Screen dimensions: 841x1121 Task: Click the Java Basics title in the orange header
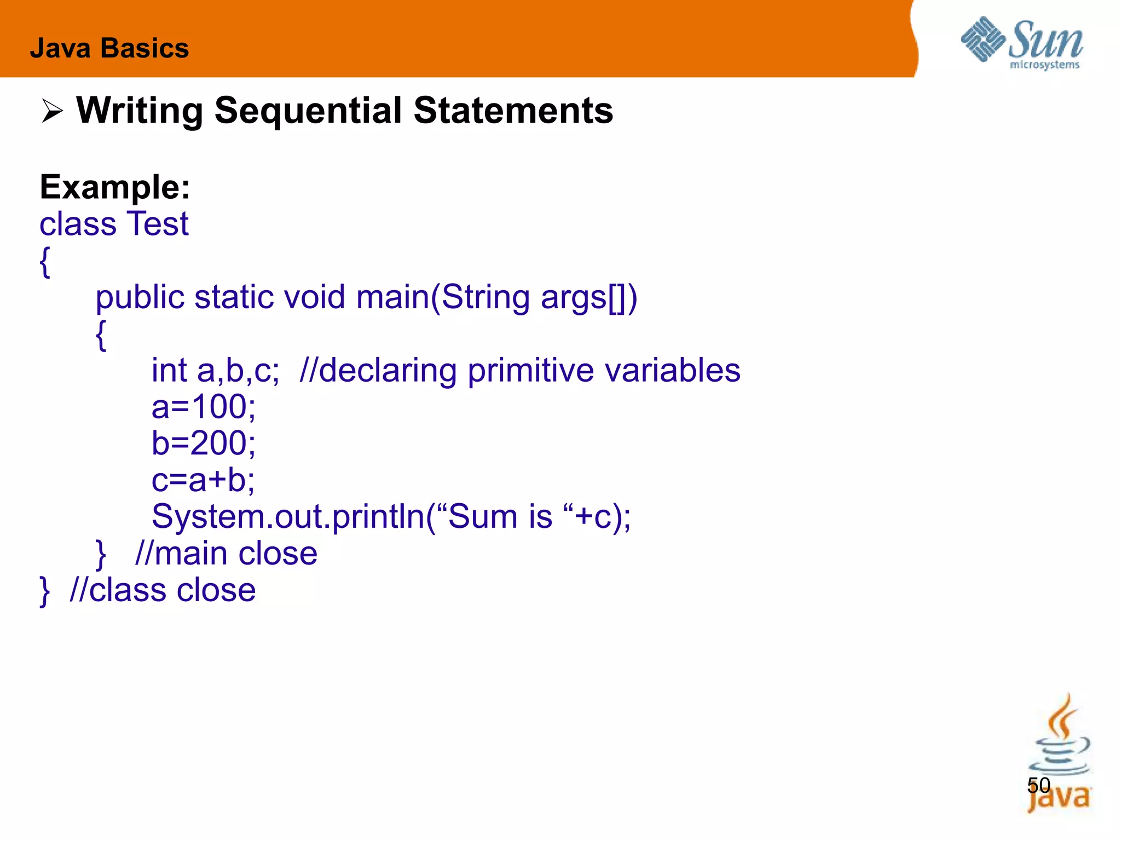click(109, 48)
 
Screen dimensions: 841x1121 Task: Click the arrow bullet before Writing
click(53, 112)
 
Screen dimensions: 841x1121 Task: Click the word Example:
click(115, 187)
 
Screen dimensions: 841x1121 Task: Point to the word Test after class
click(158, 224)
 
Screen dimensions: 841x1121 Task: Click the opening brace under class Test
click(45, 262)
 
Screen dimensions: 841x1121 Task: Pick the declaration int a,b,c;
click(215, 371)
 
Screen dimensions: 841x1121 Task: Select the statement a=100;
click(203, 407)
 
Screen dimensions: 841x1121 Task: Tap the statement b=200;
click(203, 443)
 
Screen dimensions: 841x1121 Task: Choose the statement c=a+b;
click(203, 480)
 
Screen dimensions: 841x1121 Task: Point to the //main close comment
click(226, 554)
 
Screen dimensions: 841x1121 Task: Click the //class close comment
click(163, 590)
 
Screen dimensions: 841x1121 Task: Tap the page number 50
click(1038, 786)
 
